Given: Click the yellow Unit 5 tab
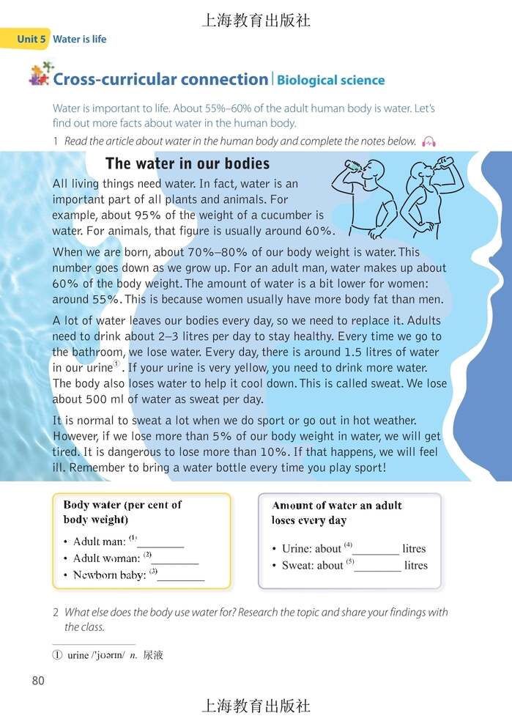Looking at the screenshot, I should (x=26, y=39).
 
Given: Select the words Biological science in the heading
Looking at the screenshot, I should (x=330, y=81).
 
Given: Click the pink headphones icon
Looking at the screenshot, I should (x=429, y=141).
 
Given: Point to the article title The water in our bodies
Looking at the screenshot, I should (x=188, y=163).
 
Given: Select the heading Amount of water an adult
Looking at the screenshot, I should (x=337, y=506).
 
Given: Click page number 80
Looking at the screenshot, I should (x=39, y=681).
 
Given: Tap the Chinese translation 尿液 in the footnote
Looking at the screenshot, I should (x=153, y=655).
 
